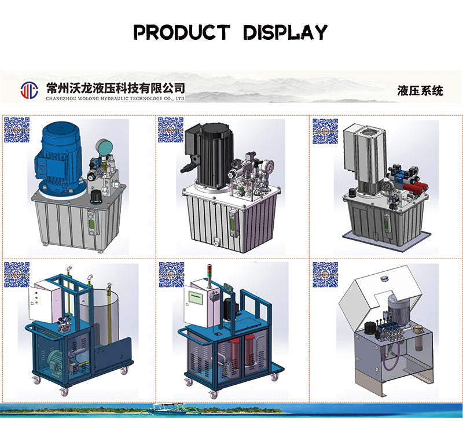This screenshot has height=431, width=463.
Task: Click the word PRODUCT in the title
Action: click(182, 32)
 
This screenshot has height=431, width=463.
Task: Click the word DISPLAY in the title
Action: click(285, 32)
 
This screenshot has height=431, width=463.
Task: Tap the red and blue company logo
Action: click(30, 90)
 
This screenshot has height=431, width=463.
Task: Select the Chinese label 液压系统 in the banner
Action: click(420, 91)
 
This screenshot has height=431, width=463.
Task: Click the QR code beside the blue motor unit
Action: click(17, 130)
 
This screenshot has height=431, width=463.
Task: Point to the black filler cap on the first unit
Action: click(96, 197)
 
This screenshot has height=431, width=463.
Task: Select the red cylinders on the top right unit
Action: click(416, 187)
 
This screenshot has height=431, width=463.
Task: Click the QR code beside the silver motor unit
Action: click(325, 131)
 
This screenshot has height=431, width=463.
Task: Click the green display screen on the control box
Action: click(195, 298)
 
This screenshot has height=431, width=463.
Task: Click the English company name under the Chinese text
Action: click(115, 98)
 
